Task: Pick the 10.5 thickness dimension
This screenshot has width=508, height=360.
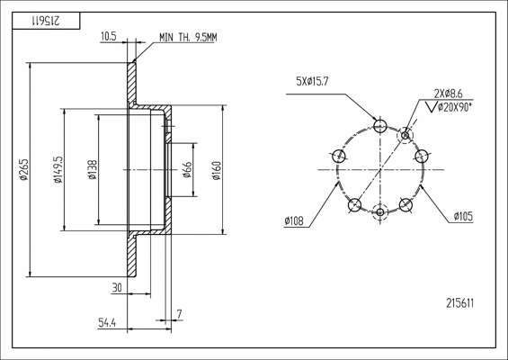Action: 109,37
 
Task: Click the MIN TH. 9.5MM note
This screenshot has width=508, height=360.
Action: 189,37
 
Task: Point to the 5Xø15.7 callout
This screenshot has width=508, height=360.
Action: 311,82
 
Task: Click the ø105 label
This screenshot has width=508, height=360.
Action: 464,216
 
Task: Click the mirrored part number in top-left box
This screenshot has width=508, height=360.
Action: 42,19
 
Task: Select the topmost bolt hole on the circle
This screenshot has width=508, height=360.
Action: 380,126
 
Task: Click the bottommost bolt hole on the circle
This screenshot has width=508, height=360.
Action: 380,212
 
